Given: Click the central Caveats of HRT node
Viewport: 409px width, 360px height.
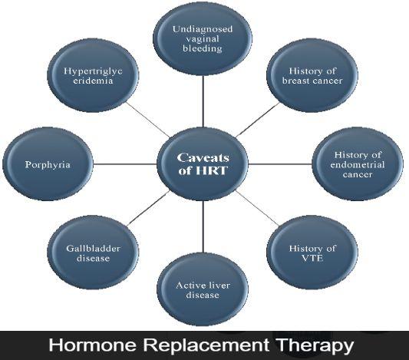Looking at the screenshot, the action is (203, 164).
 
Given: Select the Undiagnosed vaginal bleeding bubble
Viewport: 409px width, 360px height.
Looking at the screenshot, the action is (203, 38).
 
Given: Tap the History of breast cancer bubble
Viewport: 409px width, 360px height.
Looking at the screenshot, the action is (312, 76).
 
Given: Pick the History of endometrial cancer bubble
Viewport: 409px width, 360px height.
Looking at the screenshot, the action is (358, 164).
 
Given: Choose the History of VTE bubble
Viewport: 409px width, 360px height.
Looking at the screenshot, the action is (312, 253).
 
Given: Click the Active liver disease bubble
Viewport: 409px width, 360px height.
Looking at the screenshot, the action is (203, 289).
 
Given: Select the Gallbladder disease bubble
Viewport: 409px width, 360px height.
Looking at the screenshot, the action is (93, 253).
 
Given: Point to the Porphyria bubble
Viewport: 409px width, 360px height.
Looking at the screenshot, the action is (48, 164).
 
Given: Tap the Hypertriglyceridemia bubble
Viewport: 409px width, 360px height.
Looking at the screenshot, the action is (93, 76).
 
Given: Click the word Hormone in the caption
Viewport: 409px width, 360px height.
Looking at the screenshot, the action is (93, 345).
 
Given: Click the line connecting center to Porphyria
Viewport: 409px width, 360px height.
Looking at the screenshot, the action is (125, 164).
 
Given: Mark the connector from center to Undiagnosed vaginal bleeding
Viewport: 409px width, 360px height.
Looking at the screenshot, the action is (203, 102).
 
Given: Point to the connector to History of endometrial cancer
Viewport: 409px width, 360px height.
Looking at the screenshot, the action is (280, 164).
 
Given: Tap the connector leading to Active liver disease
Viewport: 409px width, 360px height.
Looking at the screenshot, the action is (203, 227).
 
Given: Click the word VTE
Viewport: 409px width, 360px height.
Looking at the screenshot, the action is (312, 258).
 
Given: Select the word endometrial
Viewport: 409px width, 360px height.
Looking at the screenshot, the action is (358, 164).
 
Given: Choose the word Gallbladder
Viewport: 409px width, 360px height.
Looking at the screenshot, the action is (93, 249).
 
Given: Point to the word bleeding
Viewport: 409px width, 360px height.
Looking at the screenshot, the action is (203, 49).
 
